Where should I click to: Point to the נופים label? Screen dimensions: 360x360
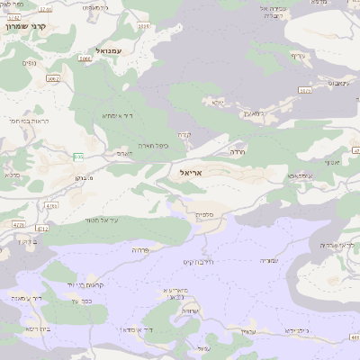[x=30, y=63]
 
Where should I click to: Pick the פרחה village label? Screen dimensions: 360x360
[x=139, y=249]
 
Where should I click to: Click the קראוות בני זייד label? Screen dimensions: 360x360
[x=86, y=284]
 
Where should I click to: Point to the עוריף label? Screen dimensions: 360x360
[x=298, y=56]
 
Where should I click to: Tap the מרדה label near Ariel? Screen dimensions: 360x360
[x=238, y=152]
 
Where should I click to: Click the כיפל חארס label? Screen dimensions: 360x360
[x=153, y=145]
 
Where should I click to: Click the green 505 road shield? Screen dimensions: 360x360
[x=78, y=157]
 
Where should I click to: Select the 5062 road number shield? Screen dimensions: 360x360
[x=52, y=78]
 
